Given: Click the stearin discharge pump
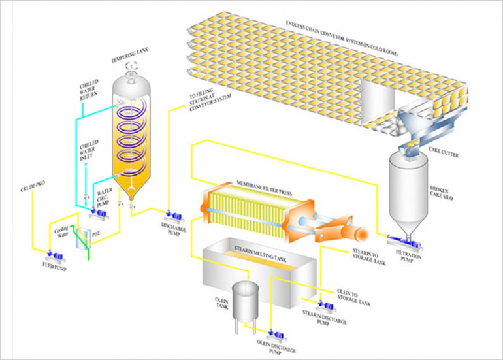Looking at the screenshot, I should click(x=324, y=304).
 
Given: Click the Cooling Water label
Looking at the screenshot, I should click(x=62, y=233).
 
